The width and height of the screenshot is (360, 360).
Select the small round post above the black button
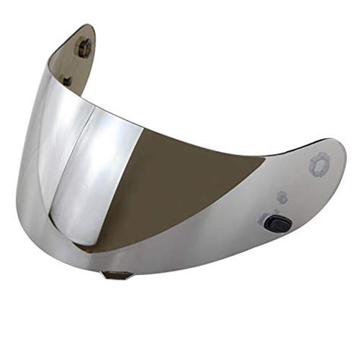point(282,197)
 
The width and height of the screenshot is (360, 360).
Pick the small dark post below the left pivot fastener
point(68,80)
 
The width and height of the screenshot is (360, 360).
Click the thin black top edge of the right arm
point(304,144)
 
